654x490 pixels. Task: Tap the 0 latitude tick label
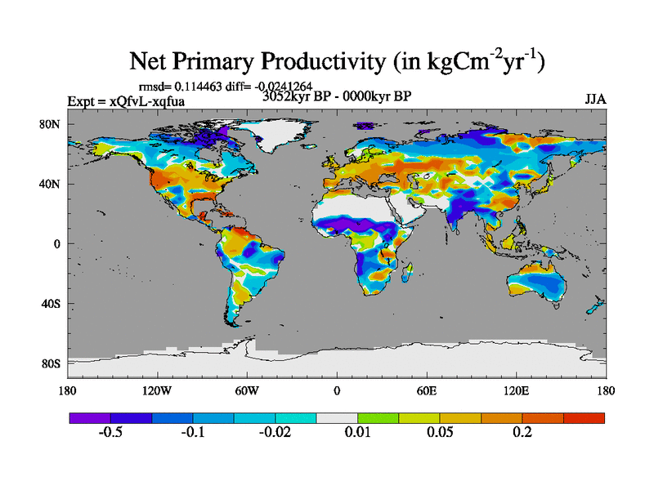point(58,244)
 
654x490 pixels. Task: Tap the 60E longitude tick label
point(427,390)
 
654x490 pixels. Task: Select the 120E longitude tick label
point(516,390)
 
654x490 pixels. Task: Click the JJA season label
point(594,100)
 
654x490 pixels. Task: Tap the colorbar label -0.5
point(110,433)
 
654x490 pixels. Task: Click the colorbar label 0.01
point(357,433)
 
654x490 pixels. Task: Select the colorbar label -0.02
point(275,433)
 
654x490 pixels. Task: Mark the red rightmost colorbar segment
point(584,417)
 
